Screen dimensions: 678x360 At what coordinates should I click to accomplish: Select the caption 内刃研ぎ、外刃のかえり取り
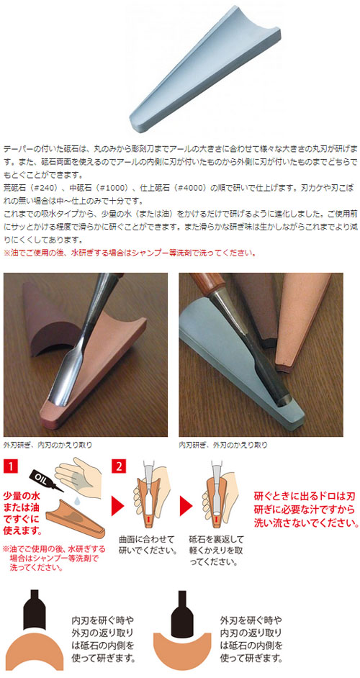click(223, 446)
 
